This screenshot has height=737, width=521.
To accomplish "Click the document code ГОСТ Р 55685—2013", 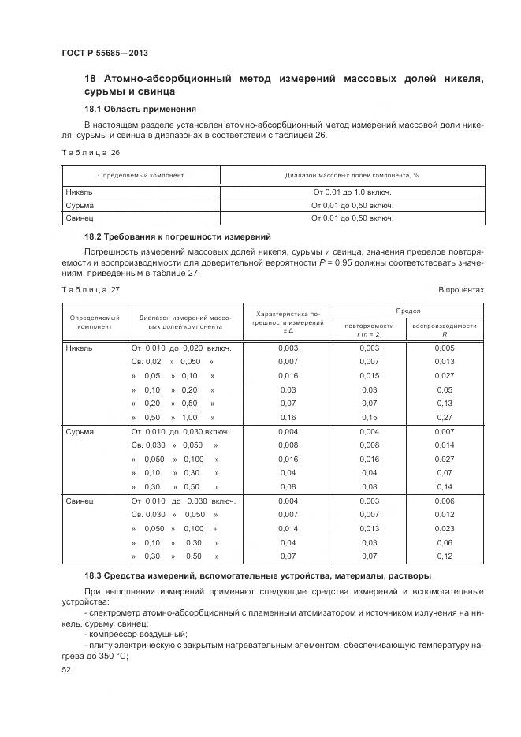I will click(x=105, y=53).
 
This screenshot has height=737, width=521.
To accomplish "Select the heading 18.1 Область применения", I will click(x=140, y=109).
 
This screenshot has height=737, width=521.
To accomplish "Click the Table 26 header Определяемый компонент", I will click(x=140, y=175).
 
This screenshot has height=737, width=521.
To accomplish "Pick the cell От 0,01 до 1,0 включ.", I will click(x=352, y=192).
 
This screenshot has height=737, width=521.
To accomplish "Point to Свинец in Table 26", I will click(x=80, y=218).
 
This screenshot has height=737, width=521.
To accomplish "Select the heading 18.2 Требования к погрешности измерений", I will click(x=177, y=236).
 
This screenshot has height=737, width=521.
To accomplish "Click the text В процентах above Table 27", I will click(x=461, y=290).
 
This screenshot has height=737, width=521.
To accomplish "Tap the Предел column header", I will click(x=407, y=311).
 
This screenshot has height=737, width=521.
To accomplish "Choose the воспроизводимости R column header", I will click(x=444, y=329).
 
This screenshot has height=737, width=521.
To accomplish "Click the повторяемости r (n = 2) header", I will click(x=369, y=329).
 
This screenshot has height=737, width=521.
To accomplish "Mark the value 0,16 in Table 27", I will click(x=288, y=417).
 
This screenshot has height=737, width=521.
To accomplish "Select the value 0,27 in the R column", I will click(x=444, y=417).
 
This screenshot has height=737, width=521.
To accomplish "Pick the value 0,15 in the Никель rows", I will click(x=369, y=417).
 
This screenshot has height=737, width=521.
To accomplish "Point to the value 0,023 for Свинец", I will click(x=444, y=528).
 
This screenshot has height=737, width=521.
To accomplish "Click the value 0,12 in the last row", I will click(x=444, y=556).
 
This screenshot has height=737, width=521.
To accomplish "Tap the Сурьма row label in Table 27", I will click(x=80, y=432).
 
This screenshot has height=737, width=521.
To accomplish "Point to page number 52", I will click(x=66, y=669).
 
